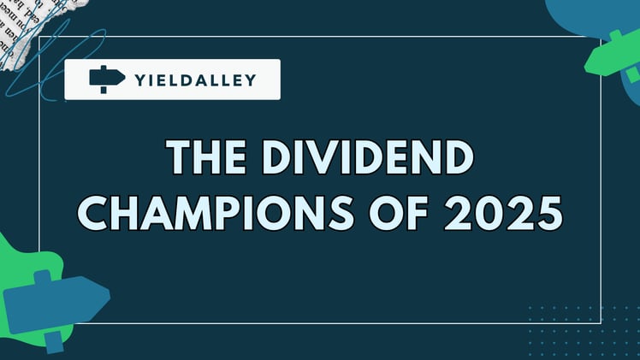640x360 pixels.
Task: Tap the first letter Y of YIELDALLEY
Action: tap(140, 80)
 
